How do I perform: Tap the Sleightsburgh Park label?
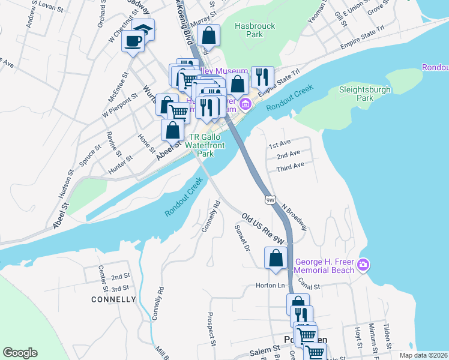pos(365,93)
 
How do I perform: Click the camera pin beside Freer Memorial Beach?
pos(363,265)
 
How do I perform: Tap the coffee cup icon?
pos(133,41)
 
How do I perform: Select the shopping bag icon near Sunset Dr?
pos(276,258)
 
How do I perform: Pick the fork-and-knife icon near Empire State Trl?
pos(262,76)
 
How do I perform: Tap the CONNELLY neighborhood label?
pos(113,299)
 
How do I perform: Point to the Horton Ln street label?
pos(270,286)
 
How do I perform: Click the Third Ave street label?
pos(291,165)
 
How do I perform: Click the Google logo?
pos(20,353)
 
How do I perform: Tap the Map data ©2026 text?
pos(423,355)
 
